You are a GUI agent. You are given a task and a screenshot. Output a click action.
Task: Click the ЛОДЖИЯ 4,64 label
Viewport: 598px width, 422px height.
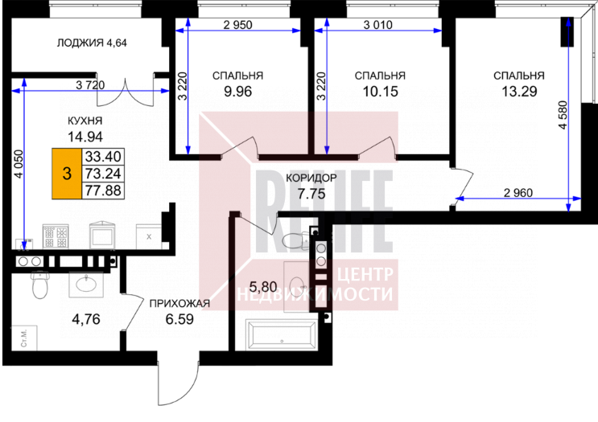92,43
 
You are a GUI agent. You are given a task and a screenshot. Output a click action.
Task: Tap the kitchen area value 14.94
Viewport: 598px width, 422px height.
85,136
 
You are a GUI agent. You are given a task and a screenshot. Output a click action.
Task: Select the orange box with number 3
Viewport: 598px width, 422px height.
67,174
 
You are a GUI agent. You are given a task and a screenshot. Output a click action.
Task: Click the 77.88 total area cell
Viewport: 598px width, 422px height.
103,190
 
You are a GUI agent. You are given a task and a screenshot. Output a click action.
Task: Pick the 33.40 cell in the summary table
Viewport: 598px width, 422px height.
103,156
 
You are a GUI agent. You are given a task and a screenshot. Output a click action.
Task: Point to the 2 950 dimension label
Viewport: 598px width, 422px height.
237,25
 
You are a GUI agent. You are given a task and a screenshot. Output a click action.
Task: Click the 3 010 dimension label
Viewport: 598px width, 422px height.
377,25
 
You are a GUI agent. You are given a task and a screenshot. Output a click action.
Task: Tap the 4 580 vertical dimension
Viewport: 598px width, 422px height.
563,115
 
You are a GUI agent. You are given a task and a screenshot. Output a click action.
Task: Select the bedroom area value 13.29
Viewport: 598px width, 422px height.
519,92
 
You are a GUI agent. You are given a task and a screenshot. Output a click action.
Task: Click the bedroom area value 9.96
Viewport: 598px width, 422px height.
238,92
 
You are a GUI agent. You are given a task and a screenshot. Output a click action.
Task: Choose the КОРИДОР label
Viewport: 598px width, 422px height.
311,178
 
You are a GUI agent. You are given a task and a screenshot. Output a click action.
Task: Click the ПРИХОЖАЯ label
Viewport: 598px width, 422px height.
179,304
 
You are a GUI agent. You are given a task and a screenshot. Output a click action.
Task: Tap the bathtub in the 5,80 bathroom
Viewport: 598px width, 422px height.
282,334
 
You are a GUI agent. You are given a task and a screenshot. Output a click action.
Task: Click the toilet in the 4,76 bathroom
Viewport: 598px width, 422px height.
39,285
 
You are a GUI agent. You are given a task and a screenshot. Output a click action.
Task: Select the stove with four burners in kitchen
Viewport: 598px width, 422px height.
56,236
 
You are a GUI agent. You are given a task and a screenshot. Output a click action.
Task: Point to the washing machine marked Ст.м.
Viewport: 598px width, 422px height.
23,338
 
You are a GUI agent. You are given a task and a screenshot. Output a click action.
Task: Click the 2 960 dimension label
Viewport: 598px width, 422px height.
518,193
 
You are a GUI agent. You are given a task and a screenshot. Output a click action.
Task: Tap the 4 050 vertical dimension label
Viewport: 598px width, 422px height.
19,164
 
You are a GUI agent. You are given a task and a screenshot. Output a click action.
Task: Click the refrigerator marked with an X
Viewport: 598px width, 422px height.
148,236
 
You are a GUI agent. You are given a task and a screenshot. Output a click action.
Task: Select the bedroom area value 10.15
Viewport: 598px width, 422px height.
380,92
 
